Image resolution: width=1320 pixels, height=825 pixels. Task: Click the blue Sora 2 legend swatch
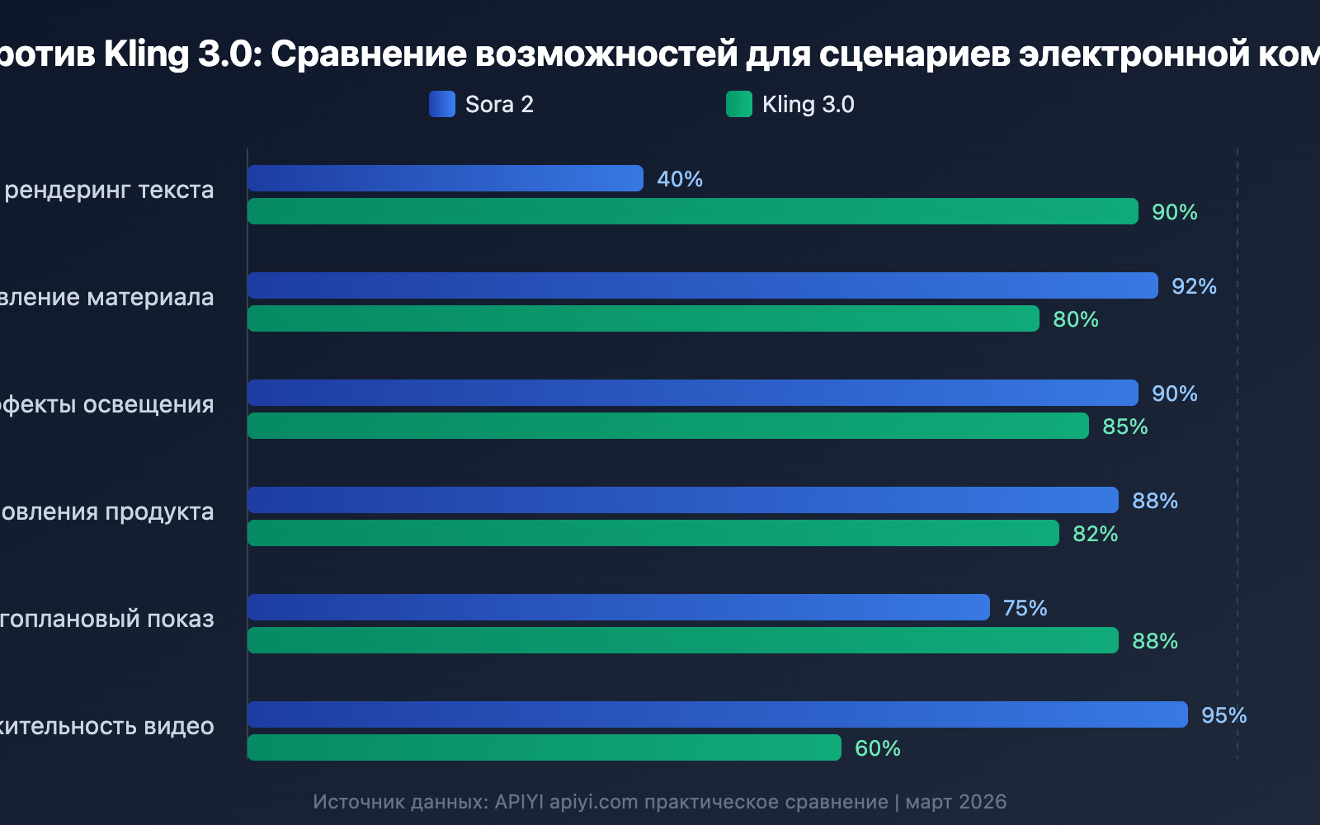[442, 104]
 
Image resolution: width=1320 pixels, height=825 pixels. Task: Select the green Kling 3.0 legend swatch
[739, 104]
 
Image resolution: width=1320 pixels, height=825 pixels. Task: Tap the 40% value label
[680, 179]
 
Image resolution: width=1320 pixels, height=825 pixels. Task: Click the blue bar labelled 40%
[445, 178]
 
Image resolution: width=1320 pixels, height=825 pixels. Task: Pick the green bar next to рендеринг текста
[693, 211]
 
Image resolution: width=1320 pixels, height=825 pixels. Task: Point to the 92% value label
[1194, 286]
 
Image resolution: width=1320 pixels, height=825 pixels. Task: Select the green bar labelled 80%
[643, 318]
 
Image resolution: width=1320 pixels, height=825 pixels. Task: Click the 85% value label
[1124, 427]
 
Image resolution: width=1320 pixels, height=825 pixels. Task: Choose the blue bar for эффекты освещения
[693, 393]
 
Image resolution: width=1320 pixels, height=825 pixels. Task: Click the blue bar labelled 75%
[619, 607]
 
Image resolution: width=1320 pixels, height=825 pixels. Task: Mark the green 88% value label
[1154, 641]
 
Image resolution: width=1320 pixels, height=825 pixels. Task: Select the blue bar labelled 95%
[718, 714]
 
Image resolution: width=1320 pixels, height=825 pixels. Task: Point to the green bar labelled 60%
[544, 747]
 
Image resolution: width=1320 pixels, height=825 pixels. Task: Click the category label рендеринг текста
[109, 190]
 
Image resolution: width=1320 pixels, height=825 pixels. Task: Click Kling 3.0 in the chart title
[177, 54]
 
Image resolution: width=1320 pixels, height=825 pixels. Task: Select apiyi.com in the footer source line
[594, 802]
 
